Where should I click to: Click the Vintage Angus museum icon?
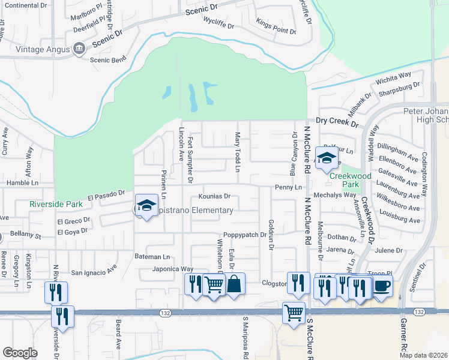click(x=79, y=49)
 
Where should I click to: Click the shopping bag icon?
click(x=235, y=284)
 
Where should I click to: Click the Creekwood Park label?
click(x=343, y=181)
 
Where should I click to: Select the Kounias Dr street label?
click(x=214, y=196)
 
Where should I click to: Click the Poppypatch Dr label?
click(x=244, y=235)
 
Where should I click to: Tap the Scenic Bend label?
click(x=107, y=60)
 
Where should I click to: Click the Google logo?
click(x=20, y=352)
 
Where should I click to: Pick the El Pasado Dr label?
click(x=106, y=195)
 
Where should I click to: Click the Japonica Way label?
click(x=172, y=269)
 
